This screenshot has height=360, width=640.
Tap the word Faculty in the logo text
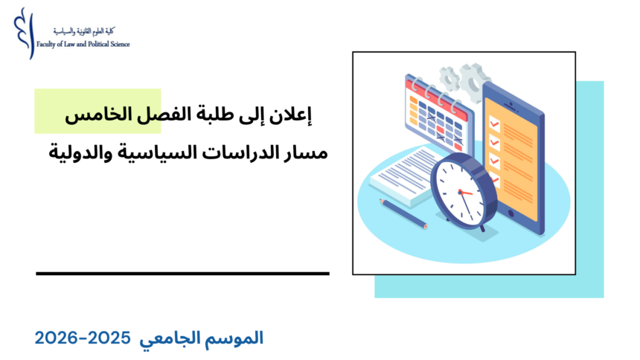click(48, 44)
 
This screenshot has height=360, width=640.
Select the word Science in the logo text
click(119, 44)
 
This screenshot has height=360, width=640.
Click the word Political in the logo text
click(93, 44)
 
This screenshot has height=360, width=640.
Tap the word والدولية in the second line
click(75, 152)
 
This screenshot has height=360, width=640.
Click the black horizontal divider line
click(182, 274)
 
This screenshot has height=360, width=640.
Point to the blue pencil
click(403, 212)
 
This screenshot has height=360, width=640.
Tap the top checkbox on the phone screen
click(493, 119)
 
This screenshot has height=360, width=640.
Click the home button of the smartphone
click(513, 213)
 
